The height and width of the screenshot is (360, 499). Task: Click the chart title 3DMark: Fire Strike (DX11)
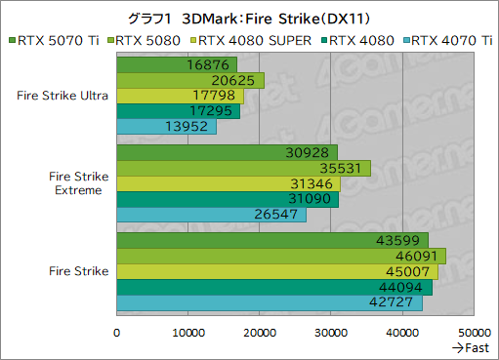[249, 18]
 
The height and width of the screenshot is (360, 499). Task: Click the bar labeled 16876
[177, 65]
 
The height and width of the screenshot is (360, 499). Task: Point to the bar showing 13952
[167, 127]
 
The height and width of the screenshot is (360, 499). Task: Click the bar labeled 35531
[243, 168]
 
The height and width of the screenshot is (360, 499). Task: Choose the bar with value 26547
[212, 215]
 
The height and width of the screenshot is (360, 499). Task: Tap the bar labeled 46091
[281, 256]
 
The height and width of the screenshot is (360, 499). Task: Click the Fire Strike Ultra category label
[62, 96]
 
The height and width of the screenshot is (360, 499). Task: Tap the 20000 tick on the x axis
[259, 333]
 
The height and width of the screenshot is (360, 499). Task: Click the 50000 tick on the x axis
[474, 333]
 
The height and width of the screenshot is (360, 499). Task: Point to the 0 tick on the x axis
[117, 333]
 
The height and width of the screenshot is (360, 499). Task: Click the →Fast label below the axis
[470, 348]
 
